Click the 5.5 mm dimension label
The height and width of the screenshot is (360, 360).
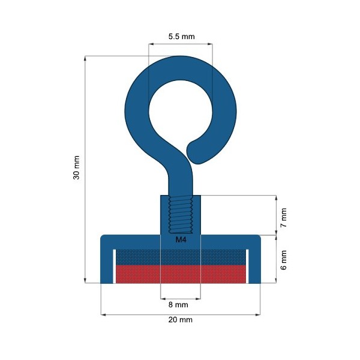(x=181, y=37)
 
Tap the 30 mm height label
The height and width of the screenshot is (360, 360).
(x=76, y=167)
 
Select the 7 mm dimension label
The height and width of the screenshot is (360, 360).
(x=284, y=217)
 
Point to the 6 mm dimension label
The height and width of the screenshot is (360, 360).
(x=284, y=260)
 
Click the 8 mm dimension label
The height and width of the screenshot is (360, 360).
(x=178, y=305)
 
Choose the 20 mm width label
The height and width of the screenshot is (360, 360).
(x=180, y=320)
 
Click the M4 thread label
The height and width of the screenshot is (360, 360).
(x=181, y=239)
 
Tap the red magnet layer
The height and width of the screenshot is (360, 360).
(x=181, y=274)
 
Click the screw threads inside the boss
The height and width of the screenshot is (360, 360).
(x=181, y=214)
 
